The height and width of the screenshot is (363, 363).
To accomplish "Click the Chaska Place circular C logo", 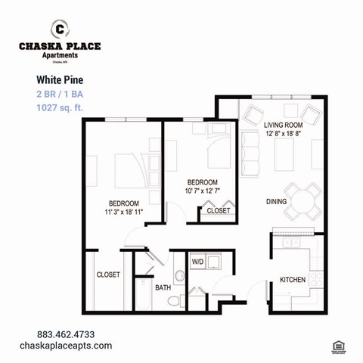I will point(59,29).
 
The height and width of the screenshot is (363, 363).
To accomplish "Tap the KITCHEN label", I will point(293,280).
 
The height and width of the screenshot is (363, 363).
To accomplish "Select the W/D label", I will point(198,262).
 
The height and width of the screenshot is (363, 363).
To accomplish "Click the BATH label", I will point(163,288).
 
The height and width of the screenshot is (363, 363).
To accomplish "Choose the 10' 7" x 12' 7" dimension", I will point(203,192).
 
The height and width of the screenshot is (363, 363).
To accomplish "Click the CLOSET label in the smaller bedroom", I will point(219,211).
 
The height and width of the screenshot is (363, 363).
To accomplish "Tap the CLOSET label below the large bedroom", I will point(108,275).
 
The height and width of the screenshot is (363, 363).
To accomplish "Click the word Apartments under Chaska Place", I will point(59,55).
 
